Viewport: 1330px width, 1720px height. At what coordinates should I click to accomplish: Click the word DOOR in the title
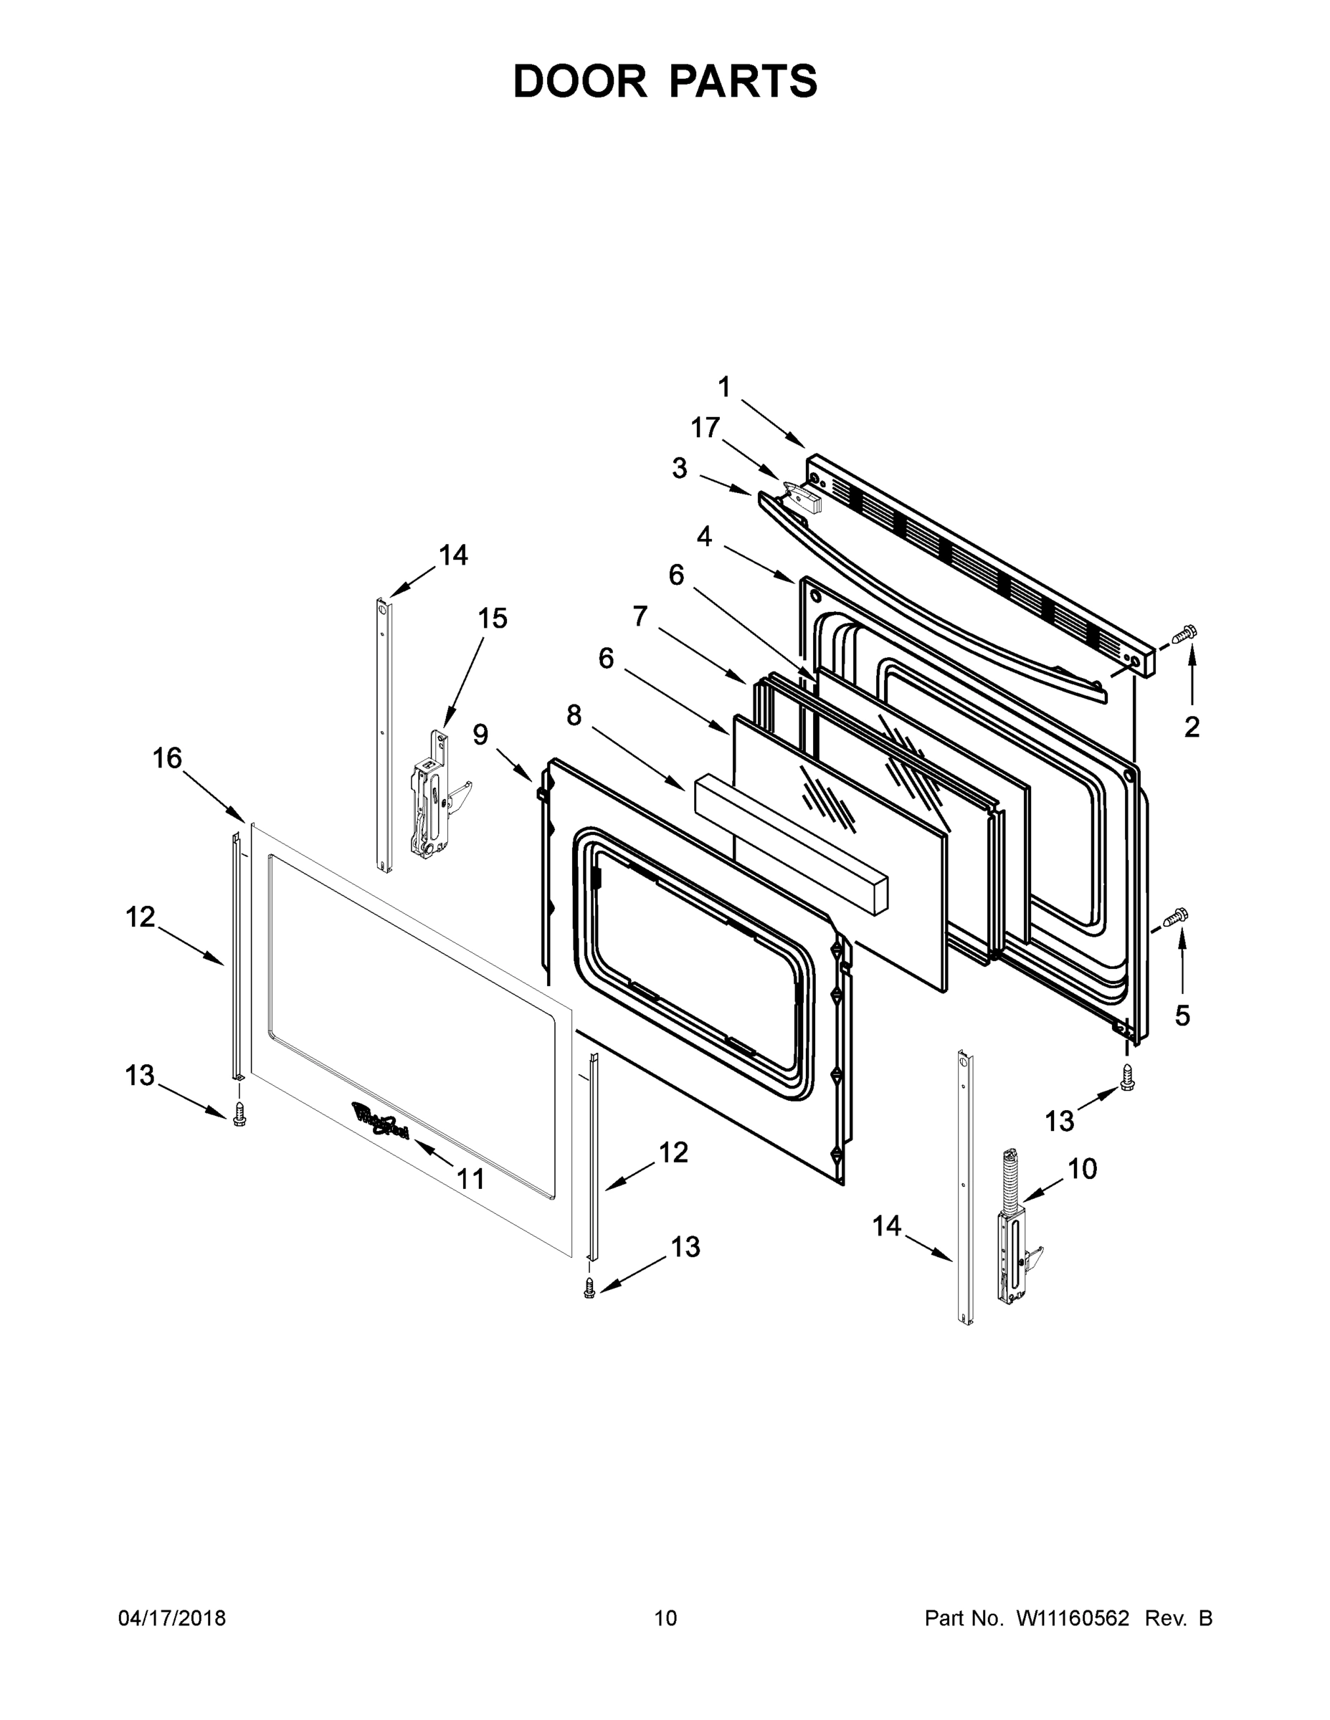coord(579,81)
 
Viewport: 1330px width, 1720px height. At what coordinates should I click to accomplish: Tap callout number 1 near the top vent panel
coord(724,387)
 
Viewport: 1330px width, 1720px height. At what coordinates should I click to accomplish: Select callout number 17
coord(706,428)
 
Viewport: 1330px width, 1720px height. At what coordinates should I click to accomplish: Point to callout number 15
coord(493,618)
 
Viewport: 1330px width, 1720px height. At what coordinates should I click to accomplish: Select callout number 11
coord(470,1179)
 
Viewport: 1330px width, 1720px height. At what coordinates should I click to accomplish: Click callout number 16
coord(167,758)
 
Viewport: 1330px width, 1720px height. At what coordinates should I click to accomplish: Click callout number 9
coord(480,734)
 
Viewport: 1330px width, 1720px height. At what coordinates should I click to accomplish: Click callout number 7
coord(640,615)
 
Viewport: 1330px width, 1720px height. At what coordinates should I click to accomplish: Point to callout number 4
coord(704,536)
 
